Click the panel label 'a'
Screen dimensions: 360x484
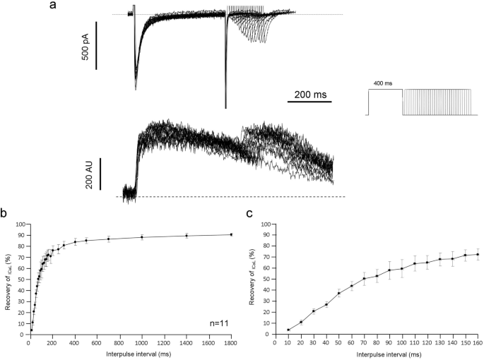pyautogui.click(x=53, y=6)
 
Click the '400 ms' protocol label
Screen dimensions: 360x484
pyautogui.click(x=384, y=83)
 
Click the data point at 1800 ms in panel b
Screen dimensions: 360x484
pyautogui.click(x=231, y=234)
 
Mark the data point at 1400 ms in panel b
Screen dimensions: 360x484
pyautogui.click(x=187, y=236)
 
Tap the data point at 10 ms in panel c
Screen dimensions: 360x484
pyautogui.click(x=288, y=330)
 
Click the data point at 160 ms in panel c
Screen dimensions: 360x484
pyautogui.click(x=478, y=254)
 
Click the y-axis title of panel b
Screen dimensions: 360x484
pyautogui.click(x=8, y=280)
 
